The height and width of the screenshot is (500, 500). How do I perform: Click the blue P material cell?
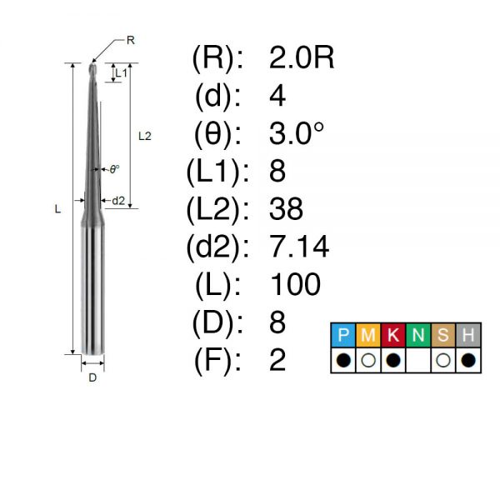[343, 335]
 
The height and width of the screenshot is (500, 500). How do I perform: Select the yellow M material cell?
[368, 335]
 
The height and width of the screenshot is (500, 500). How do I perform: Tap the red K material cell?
[393, 335]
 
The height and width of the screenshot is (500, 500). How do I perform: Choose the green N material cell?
[418, 335]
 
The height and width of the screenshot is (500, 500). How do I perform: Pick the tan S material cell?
[443, 335]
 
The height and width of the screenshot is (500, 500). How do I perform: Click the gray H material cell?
[468, 335]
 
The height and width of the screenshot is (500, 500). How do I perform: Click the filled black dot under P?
[343, 360]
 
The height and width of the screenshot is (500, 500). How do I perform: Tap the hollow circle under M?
[368, 360]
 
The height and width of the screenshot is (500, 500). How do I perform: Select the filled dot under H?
[468, 360]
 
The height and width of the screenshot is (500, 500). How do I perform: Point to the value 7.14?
[299, 246]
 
